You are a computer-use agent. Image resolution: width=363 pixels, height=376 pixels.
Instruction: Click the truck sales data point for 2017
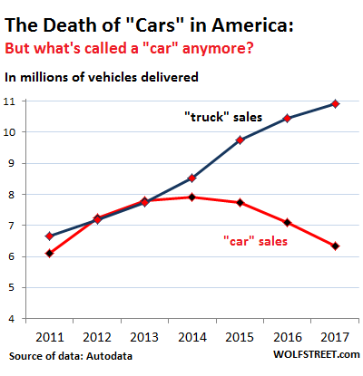pyautogui.click(x=336, y=103)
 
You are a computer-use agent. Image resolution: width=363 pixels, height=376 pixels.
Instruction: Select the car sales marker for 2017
pyautogui.click(x=336, y=246)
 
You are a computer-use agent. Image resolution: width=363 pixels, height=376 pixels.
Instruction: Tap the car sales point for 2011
pyautogui.click(x=49, y=253)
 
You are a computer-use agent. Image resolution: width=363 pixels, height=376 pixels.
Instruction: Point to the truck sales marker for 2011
pyautogui.click(x=49, y=236)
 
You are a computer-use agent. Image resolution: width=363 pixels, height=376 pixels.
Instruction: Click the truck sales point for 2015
pyautogui.click(x=240, y=140)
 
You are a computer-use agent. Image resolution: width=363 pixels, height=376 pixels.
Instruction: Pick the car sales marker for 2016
pyautogui.click(x=289, y=222)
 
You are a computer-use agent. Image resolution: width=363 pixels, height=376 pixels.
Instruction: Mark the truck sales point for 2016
pyautogui.click(x=289, y=118)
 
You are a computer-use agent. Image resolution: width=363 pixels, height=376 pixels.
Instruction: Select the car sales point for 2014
pyautogui.click(x=192, y=197)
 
